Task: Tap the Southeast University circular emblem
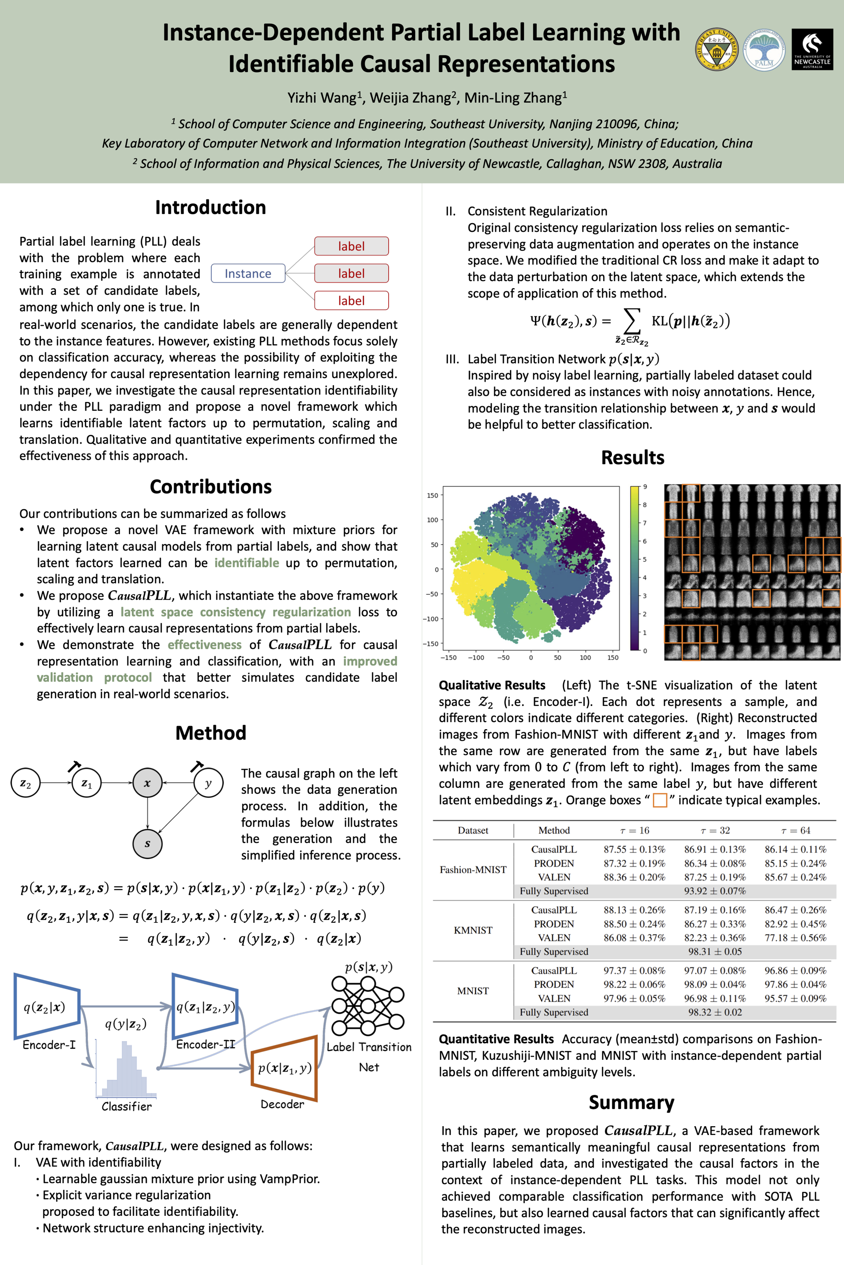point(717,50)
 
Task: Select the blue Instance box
point(247,273)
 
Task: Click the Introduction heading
point(211,208)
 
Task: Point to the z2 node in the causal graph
point(25,783)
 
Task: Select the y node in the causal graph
point(208,783)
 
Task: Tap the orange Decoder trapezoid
point(284,1068)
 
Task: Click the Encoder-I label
point(49,1045)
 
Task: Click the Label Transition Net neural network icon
point(367,1005)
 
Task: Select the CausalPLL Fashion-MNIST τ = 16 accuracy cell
point(634,849)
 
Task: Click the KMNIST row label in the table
point(473,930)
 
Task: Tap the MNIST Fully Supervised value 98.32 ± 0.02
point(715,1012)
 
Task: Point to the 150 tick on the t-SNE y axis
point(433,495)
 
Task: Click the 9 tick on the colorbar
point(645,487)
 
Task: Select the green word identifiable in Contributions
point(247,563)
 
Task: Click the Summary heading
point(631,1102)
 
